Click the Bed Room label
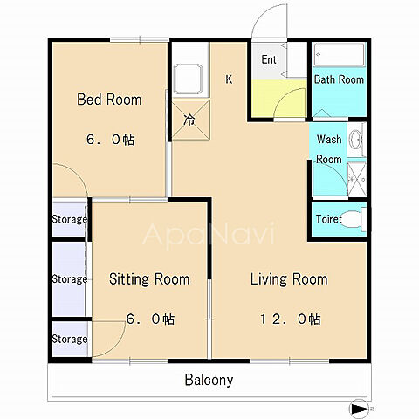[109, 100]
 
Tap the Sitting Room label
[149, 279]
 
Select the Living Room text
[289, 279]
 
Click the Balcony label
[209, 380]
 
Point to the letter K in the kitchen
[229, 79]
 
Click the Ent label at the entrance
[269, 59]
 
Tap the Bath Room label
[339, 79]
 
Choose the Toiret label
[329, 219]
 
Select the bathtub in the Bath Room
[340, 54]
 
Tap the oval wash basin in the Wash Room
[355, 140]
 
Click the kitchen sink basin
[188, 79]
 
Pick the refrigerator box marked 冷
[190, 120]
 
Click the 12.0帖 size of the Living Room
[290, 319]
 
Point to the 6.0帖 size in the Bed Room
[111, 140]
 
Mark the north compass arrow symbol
[359, 409]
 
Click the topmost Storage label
[70, 219]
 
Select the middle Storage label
[70, 279]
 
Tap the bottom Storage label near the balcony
[70, 340]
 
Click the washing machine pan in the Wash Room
[357, 179]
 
